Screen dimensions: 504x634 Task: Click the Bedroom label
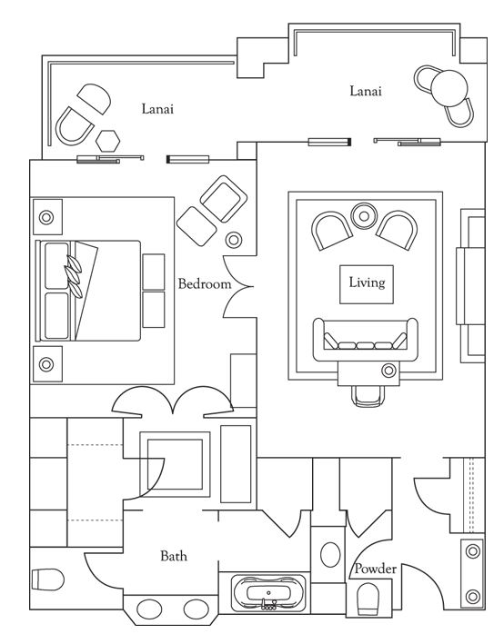point(205,283)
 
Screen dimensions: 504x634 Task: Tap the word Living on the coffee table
point(367,282)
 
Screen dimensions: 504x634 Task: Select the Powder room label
point(375,569)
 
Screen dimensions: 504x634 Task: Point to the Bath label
point(174,556)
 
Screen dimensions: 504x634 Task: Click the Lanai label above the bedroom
point(157,109)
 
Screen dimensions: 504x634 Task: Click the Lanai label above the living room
point(366,91)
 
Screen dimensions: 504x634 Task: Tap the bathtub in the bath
point(267,593)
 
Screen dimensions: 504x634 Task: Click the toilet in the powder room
point(368,599)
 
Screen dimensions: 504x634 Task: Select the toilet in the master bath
point(48,580)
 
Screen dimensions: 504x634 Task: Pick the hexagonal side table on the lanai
point(108,141)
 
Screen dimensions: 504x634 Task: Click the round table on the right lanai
point(449,88)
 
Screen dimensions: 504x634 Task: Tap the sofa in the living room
point(366,339)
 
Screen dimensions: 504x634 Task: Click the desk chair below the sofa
point(368,395)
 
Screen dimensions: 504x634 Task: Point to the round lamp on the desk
point(388,370)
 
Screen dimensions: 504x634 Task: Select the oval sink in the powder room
point(330,555)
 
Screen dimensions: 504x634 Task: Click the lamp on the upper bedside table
point(46,217)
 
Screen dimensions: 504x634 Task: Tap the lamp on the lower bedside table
point(46,364)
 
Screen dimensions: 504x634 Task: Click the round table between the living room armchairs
point(364,216)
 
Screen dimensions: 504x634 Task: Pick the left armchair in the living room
point(332,231)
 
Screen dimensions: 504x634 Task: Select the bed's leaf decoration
point(74,276)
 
